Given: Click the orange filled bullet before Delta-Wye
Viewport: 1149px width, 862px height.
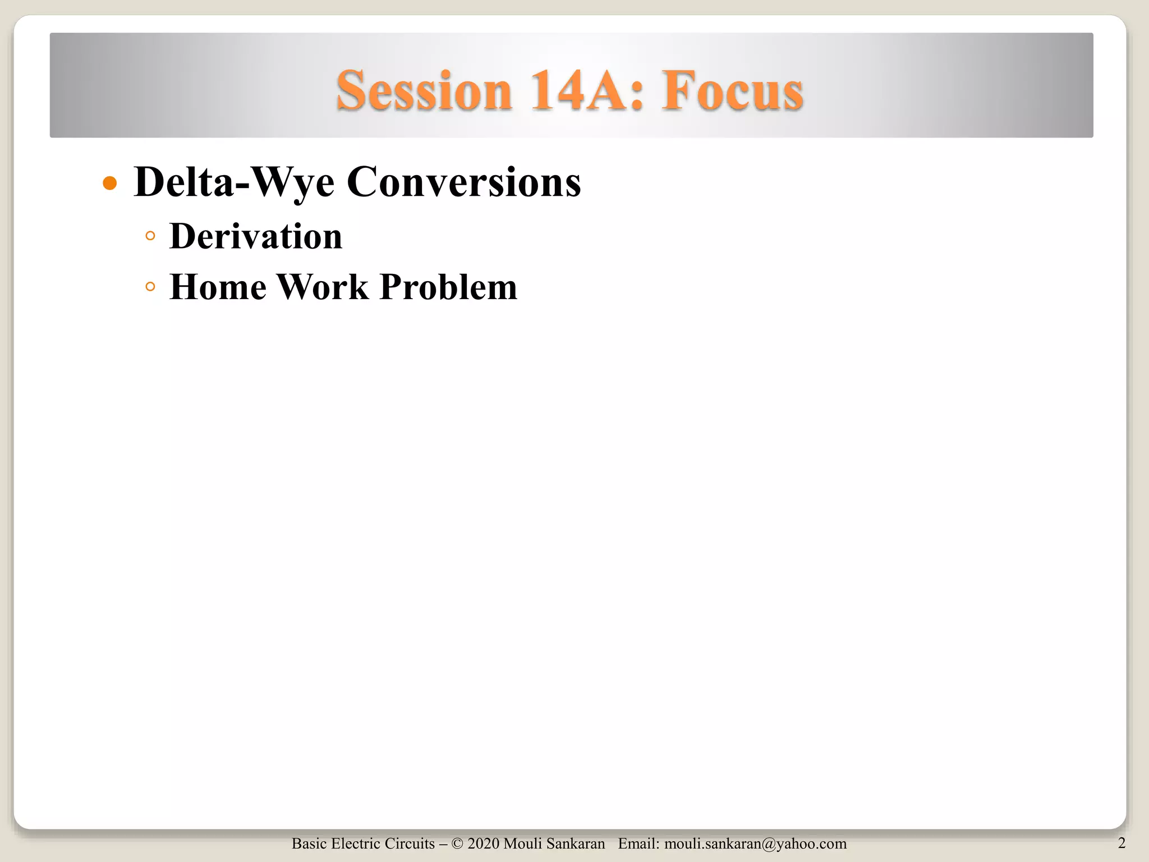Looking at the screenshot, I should [111, 183].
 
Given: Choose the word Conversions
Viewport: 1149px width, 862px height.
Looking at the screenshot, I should [464, 183].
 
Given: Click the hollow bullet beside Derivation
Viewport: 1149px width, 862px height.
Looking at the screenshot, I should [150, 236].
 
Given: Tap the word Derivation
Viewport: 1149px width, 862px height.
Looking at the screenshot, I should [256, 236].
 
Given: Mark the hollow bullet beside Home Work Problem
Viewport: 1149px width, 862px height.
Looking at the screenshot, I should [150, 287].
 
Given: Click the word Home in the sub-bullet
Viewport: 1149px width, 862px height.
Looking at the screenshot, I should [218, 287].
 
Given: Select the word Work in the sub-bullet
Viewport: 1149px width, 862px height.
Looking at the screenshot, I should [323, 287].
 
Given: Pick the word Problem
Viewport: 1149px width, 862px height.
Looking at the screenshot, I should [448, 287].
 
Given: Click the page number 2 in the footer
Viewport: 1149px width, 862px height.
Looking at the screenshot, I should [1122, 842].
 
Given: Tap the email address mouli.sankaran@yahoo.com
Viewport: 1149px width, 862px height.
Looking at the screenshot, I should [755, 843].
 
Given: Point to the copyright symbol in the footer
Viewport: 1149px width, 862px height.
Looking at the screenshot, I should [457, 843].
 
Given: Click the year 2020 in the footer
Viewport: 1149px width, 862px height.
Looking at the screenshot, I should [483, 843].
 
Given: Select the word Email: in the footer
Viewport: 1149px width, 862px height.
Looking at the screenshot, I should [638, 843].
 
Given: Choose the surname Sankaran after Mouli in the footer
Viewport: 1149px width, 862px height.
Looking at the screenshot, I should [577, 843].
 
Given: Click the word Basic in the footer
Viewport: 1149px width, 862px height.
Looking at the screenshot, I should [309, 843].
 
